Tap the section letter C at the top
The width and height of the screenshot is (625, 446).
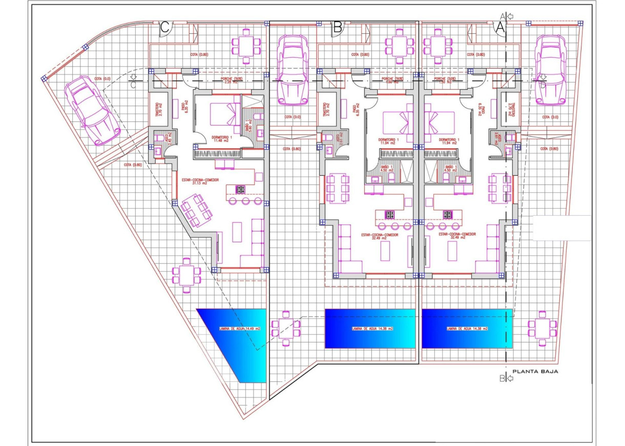click(x=165, y=28)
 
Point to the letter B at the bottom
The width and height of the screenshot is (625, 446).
click(x=502, y=379)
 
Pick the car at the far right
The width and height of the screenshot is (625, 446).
click(x=550, y=70)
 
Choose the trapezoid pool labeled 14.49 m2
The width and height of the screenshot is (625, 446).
click(x=235, y=338)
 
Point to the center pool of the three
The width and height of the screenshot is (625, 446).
click(x=370, y=329)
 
